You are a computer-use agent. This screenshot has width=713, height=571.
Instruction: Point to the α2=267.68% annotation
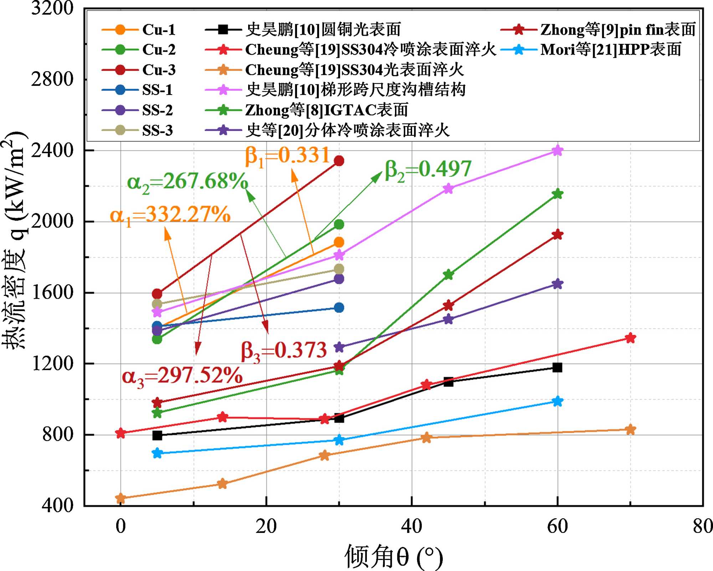188,182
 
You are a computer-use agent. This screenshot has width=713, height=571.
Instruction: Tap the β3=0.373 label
284,351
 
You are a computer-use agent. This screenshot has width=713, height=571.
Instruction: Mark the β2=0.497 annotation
428,170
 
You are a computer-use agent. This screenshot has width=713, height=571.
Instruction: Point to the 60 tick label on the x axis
557,526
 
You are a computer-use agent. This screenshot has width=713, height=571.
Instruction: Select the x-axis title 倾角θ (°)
394,556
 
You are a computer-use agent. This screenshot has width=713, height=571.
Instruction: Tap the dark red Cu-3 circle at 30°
339,161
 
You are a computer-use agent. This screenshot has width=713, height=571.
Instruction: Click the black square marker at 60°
557,367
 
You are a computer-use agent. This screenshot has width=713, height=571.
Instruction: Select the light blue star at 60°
557,401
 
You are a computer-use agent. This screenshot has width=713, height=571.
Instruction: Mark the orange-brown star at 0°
120,498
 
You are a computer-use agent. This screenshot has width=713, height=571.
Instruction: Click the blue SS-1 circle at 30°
339,308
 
